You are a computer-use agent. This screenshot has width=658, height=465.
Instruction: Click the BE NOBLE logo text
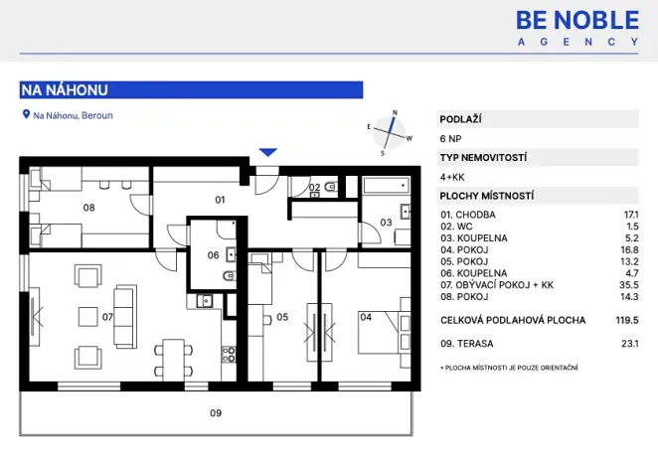click(577, 19)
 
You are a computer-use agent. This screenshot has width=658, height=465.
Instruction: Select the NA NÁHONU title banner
click(191, 89)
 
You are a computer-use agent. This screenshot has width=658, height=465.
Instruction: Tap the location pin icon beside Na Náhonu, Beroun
click(26, 115)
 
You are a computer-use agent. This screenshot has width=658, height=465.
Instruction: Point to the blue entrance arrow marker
click(266, 152)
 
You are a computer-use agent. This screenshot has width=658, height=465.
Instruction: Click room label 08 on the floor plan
click(88, 208)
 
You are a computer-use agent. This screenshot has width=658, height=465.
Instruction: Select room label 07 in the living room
click(108, 317)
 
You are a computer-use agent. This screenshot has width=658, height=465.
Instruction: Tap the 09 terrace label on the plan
click(215, 412)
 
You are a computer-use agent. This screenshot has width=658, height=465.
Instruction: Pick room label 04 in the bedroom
click(366, 318)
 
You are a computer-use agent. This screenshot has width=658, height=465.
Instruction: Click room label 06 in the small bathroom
click(213, 255)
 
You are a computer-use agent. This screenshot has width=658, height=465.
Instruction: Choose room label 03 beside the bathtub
click(386, 223)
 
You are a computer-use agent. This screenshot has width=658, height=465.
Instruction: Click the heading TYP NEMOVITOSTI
click(483, 157)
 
